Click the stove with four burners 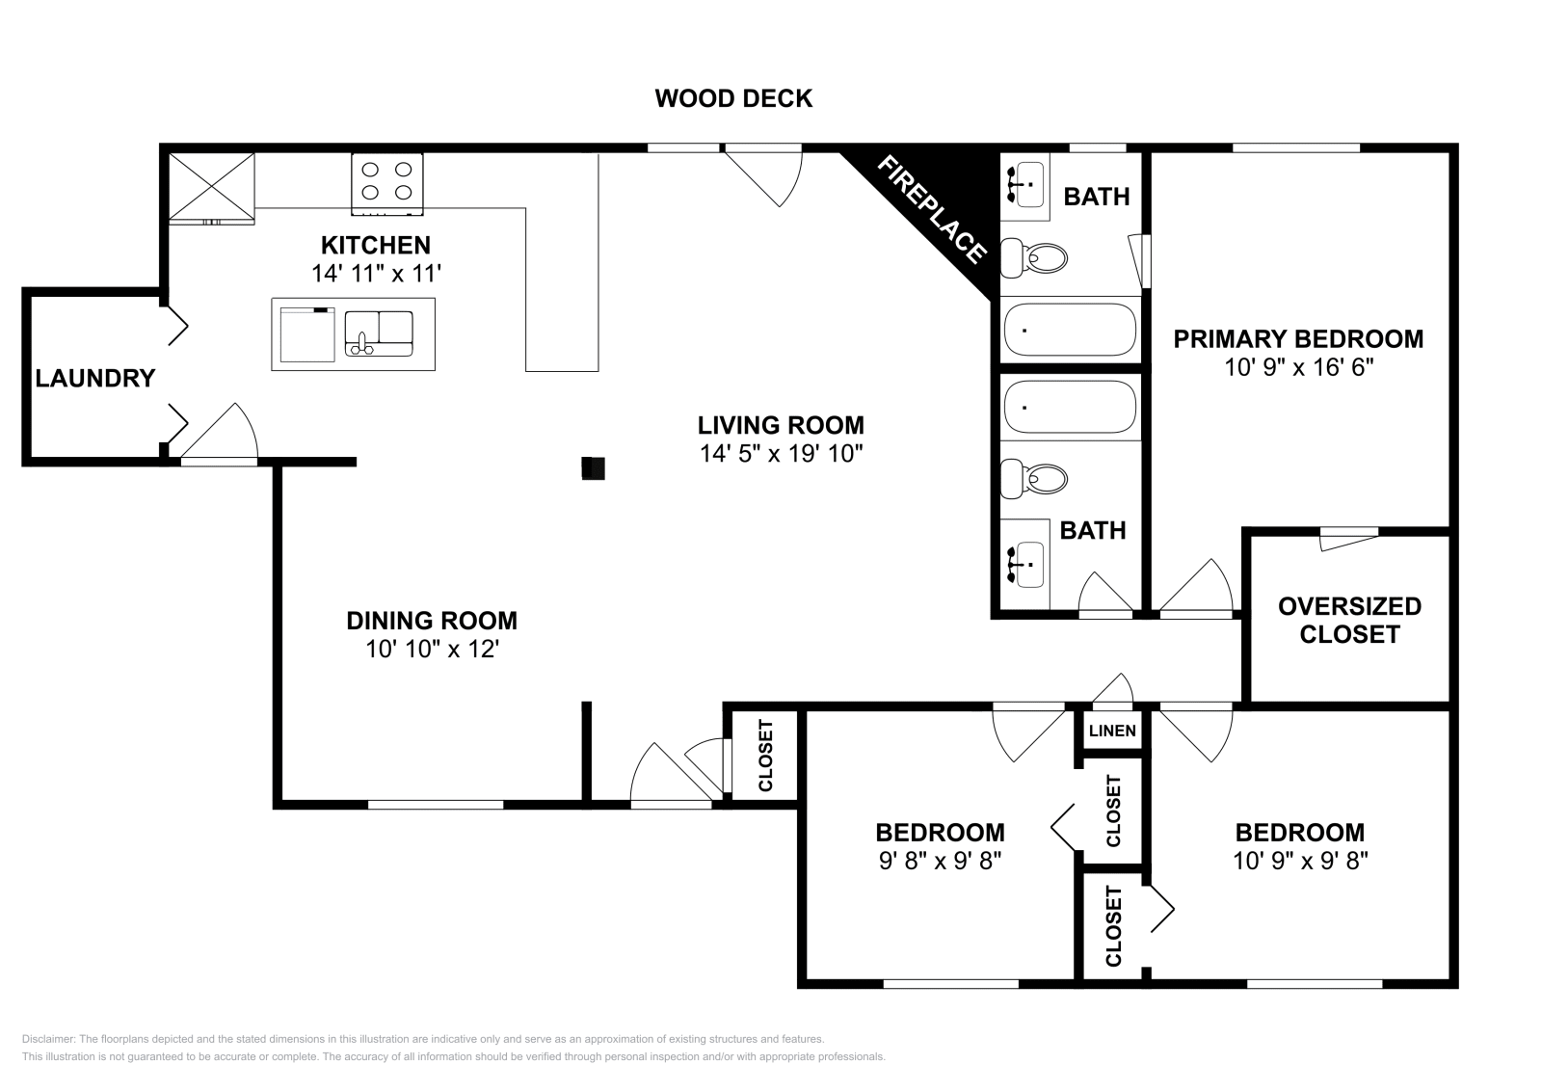coord(386,183)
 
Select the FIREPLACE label coord(931,209)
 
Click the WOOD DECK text coord(733,98)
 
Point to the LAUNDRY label coord(94,378)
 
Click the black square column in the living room coord(593,468)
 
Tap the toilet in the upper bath coord(1034,257)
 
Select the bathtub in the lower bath coord(1070,407)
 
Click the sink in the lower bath coord(1024,564)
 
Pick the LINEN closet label coord(1112,731)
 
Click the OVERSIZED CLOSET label coord(1348,620)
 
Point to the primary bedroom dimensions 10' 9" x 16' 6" coord(1298,367)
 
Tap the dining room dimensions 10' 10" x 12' coord(431,649)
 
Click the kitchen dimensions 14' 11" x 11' coord(376,273)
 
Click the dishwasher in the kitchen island coord(306,334)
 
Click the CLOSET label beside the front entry coord(766,756)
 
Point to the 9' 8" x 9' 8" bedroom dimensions coord(940,860)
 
